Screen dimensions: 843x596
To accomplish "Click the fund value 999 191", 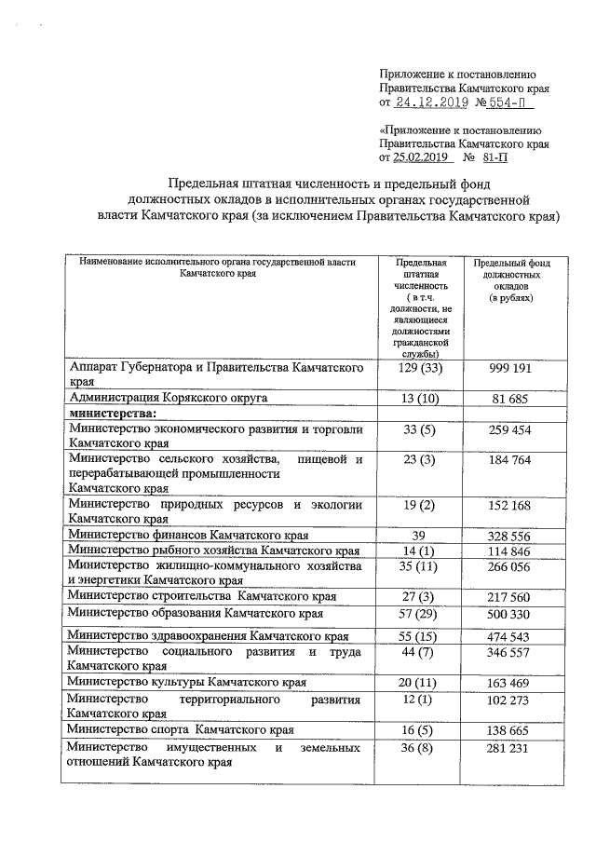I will [x=509, y=369].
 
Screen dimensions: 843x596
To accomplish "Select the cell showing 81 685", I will [x=509, y=398].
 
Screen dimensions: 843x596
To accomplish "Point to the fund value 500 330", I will [x=509, y=614].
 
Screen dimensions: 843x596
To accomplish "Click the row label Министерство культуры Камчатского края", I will [x=187, y=682].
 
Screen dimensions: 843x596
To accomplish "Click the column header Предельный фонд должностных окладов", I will [x=509, y=277].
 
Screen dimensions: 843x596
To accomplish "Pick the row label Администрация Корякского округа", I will [x=169, y=398].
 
